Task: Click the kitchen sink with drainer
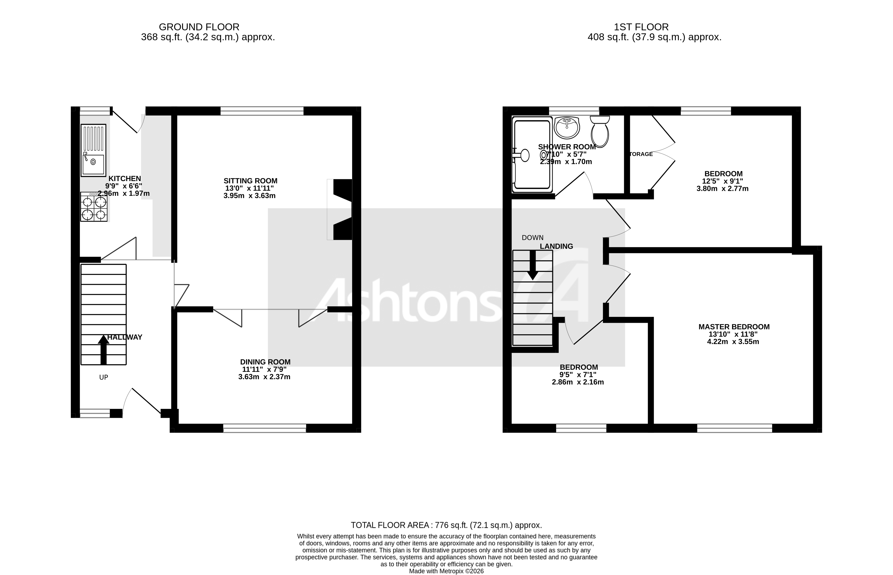coord(93,150)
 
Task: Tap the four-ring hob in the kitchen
coord(94,207)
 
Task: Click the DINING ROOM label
coord(265,362)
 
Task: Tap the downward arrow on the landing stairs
coord(532,265)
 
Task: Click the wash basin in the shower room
coord(567,128)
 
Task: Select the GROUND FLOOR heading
coord(199,27)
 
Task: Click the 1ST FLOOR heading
coord(641,27)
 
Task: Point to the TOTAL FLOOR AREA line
coord(446,525)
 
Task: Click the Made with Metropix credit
coord(446,571)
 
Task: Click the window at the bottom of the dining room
coord(265,429)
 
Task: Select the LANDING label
coord(556,246)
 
